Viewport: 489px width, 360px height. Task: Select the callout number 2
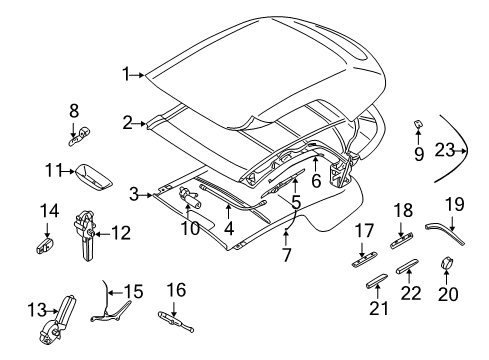click(x=128, y=122)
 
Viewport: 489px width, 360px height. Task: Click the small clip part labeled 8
click(x=85, y=130)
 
